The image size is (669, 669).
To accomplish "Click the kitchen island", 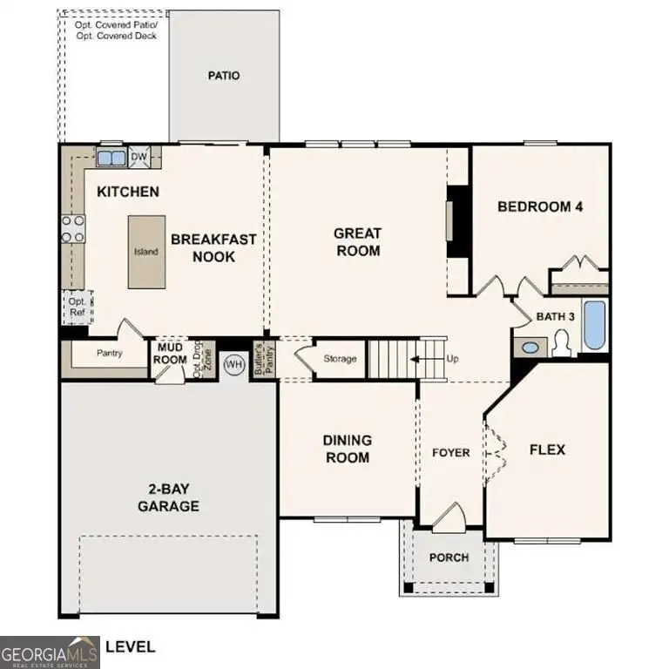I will click(x=145, y=252).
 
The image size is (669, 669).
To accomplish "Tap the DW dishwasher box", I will click(x=139, y=158).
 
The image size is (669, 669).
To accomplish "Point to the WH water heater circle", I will click(x=233, y=364).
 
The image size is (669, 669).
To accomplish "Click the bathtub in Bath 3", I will click(x=595, y=326).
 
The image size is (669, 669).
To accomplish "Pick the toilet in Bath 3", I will click(x=561, y=345).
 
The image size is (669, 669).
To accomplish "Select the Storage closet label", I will click(x=339, y=359).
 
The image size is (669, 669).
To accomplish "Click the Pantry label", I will click(x=109, y=354).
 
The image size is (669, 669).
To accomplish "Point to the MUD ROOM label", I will click(x=171, y=354).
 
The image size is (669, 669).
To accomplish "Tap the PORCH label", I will click(x=449, y=557).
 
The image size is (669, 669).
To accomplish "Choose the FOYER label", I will click(x=450, y=453).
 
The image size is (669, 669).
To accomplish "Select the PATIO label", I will click(x=223, y=76).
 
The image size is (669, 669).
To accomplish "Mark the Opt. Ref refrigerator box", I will click(x=76, y=307).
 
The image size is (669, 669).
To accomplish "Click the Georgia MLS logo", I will click(x=50, y=652).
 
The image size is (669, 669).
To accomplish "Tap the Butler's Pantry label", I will click(x=259, y=361).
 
